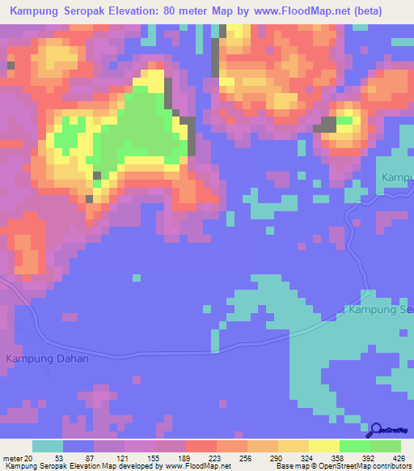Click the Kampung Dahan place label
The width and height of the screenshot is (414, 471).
pos(46,359)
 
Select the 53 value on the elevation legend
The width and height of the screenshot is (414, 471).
pos(58,457)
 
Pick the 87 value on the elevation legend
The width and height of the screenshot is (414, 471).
pos(89,457)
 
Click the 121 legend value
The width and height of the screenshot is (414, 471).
pos(120,457)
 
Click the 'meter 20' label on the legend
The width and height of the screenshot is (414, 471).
pos(16,457)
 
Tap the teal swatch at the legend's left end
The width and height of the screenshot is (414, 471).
pos(48,446)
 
